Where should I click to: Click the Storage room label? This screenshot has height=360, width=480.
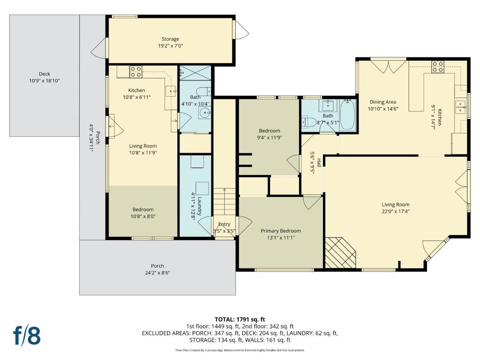click(x=170, y=39)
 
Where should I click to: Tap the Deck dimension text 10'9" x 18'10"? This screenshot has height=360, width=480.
click(x=45, y=81)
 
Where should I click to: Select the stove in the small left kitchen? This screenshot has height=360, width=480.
click(x=135, y=72)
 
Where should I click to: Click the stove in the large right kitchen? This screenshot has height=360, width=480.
click(x=437, y=67)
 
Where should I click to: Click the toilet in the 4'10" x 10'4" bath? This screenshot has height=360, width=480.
click(x=203, y=91)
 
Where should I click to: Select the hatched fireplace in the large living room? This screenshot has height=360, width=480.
click(x=340, y=253)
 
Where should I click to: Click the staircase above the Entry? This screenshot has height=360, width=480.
click(x=225, y=202)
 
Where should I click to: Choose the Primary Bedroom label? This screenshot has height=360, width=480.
click(x=281, y=231)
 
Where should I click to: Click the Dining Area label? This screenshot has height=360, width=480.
click(x=382, y=102)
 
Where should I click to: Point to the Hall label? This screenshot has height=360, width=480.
click(x=319, y=163)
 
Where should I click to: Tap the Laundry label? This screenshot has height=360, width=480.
click(x=199, y=206)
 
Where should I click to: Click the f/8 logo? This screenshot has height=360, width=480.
click(x=27, y=335)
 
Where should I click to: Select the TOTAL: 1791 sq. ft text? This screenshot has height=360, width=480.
click(x=240, y=320)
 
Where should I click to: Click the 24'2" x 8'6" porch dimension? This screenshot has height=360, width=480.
click(x=157, y=273)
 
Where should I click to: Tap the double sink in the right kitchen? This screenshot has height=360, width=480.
click(x=460, y=107)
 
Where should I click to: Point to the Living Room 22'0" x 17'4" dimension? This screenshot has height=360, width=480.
click(x=396, y=211)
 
